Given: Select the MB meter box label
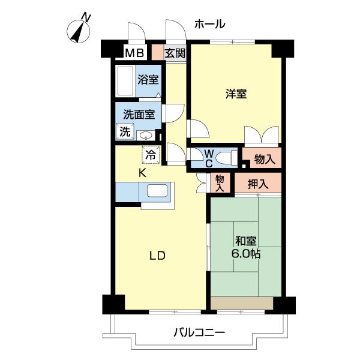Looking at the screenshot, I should (134, 53).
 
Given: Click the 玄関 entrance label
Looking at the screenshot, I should (175, 53).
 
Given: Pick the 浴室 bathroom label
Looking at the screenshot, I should (148, 79).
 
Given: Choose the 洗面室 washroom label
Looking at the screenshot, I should (139, 113).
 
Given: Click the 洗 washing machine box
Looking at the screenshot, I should (124, 132).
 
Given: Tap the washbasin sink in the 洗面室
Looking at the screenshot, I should (145, 134).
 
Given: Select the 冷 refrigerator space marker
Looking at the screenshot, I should (151, 154).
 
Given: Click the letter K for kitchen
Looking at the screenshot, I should (143, 173).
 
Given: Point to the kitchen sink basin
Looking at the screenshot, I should (157, 192).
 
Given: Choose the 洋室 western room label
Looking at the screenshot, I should (236, 94).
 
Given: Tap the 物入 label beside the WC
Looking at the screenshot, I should (264, 159).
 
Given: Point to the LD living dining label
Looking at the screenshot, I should (157, 256).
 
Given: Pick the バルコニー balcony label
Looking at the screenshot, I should (199, 332).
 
